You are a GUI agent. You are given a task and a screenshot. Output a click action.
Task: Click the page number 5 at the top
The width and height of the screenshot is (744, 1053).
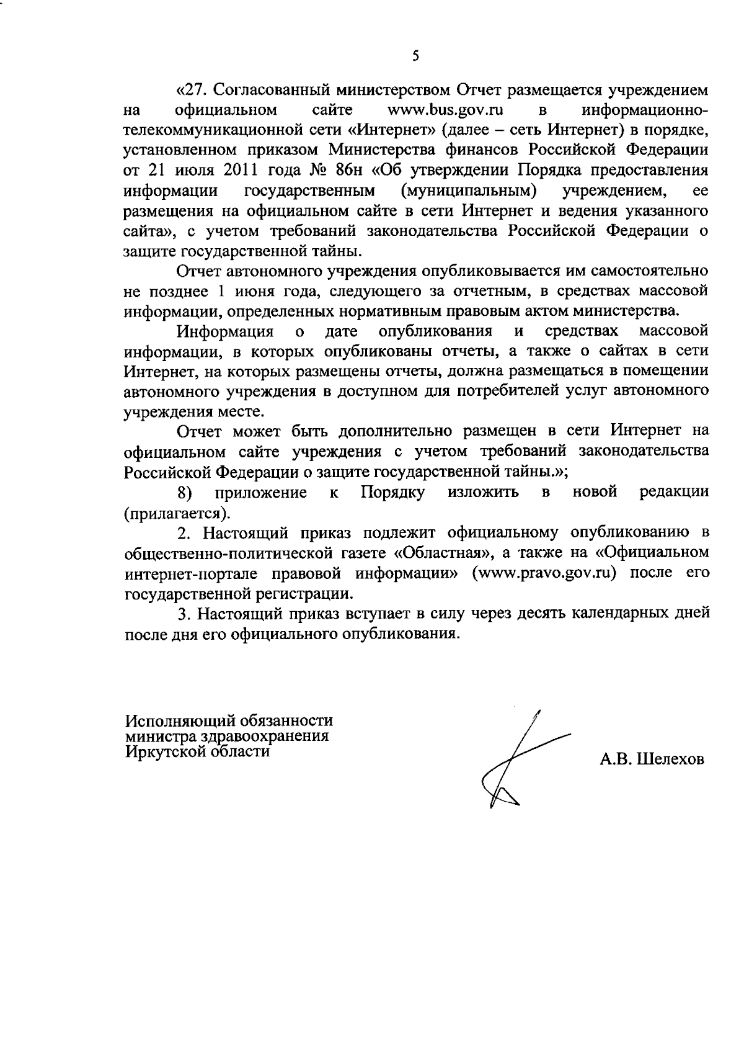(415, 56)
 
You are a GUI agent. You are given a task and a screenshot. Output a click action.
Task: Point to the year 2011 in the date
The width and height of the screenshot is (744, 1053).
(238, 170)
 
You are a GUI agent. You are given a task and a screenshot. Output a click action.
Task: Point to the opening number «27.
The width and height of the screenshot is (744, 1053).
(195, 91)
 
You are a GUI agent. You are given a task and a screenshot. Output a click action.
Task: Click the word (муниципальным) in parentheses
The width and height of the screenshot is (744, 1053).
(468, 190)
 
